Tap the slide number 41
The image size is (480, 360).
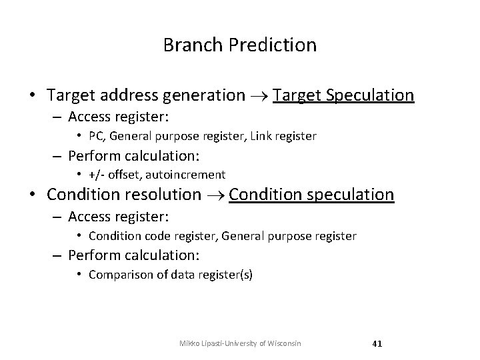[x=377, y=343]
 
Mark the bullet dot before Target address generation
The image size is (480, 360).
[x=33, y=95]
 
